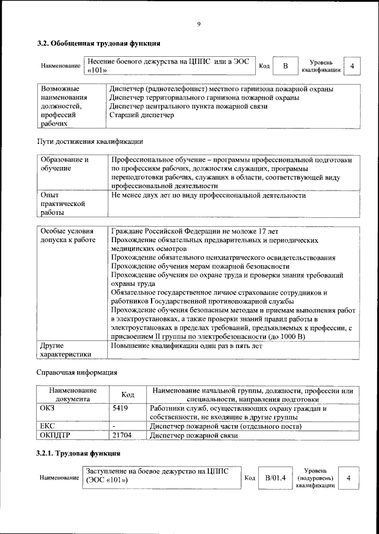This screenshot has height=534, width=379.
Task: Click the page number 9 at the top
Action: (x=199, y=24)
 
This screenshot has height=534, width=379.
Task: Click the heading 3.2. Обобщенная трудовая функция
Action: (x=98, y=43)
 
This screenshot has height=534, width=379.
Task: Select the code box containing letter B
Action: (x=285, y=66)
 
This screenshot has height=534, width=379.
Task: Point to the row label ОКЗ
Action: (x=47, y=408)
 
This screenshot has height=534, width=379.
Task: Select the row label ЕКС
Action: (x=47, y=426)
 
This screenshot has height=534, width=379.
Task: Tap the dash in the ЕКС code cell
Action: (x=114, y=426)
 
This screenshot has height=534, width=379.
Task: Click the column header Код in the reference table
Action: (x=127, y=395)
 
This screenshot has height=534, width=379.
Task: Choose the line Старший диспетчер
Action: (x=142, y=115)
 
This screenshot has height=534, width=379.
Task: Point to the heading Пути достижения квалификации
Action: (x=90, y=142)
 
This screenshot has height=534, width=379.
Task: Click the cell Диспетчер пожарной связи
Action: (x=194, y=435)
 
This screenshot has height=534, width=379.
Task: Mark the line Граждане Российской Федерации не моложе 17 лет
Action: (x=195, y=231)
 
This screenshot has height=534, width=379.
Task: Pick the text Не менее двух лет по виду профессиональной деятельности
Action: (x=208, y=195)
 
